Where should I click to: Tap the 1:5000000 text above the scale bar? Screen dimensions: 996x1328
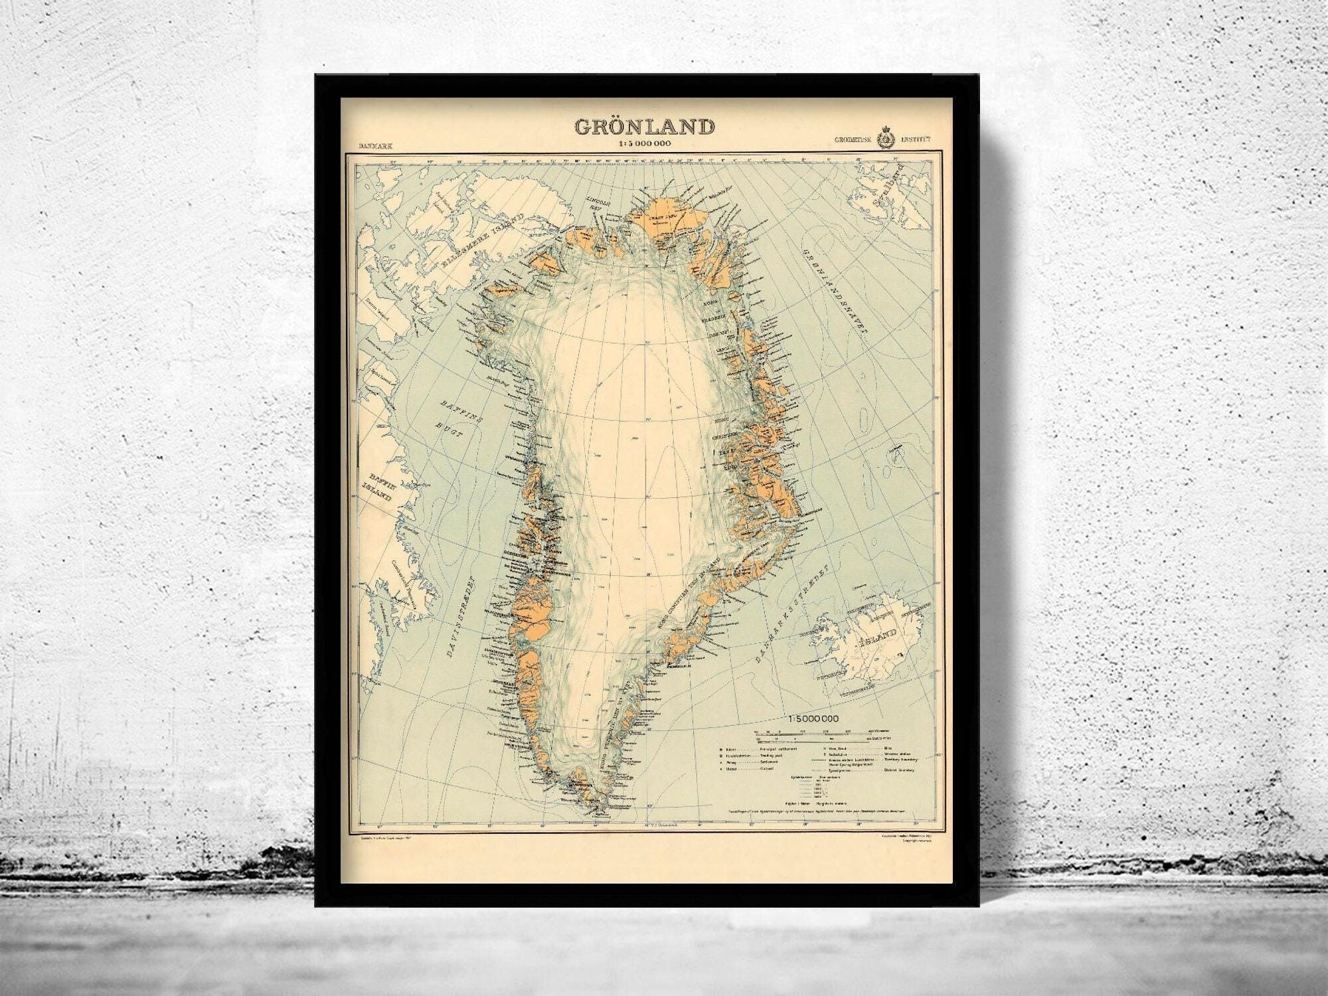click(814, 718)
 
